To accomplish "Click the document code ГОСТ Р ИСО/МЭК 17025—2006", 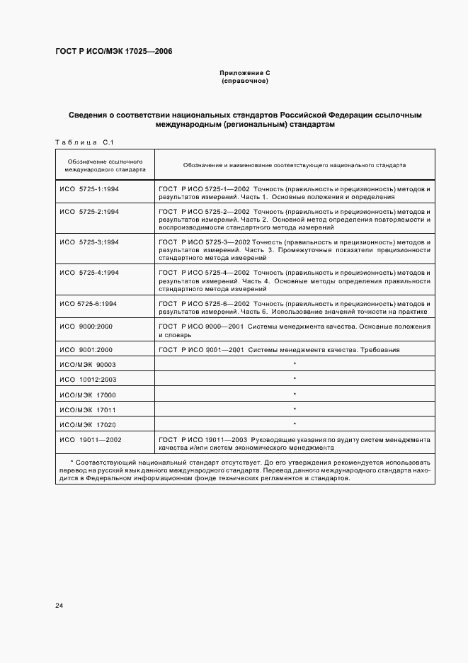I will (113, 52).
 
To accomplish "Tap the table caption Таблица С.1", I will (84, 143).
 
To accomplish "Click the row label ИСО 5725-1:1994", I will (89, 191).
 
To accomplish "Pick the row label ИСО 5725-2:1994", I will (89, 211).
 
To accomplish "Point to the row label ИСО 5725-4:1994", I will (89, 272).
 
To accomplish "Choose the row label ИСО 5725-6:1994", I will (88, 302).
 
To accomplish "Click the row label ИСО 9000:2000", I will (86, 327).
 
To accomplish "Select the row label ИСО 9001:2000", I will (86, 350).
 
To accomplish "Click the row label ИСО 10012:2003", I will (88, 380).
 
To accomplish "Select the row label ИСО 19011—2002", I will (91, 439).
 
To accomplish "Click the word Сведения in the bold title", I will (89, 114).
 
